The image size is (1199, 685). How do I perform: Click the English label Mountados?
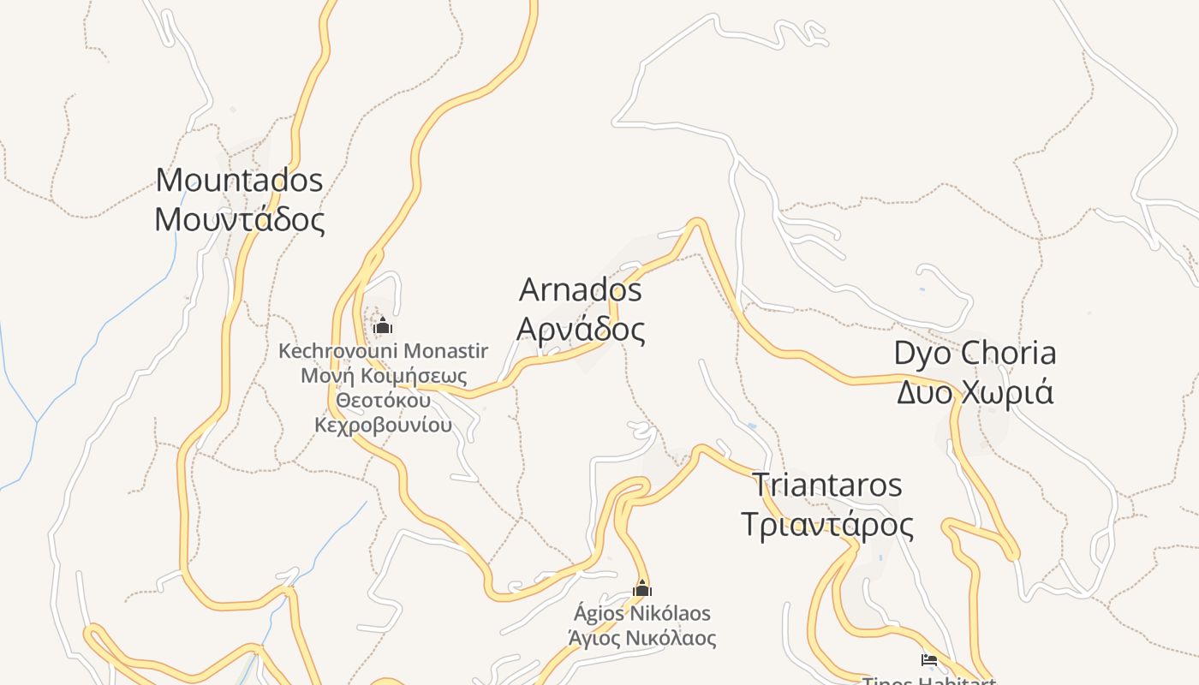click(239, 180)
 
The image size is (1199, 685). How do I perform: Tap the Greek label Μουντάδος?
click(239, 220)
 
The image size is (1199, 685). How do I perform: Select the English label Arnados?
click(580, 289)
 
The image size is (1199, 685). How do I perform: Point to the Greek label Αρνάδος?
click(580, 329)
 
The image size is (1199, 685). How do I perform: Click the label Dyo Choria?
click(975, 353)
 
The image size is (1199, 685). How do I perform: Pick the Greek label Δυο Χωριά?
click(975, 392)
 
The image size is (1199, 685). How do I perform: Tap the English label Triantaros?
click(826, 485)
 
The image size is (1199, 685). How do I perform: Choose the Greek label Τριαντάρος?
click(826, 524)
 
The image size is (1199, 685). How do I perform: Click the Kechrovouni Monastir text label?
click(383, 351)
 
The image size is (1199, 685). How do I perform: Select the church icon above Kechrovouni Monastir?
click(383, 325)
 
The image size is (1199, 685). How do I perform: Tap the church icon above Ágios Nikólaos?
click(642, 588)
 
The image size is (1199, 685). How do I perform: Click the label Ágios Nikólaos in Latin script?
click(642, 614)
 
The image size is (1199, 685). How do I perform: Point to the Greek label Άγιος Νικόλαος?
click(642, 638)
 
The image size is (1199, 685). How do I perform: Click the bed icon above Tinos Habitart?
click(929, 659)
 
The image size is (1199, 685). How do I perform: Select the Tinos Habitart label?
click(929, 681)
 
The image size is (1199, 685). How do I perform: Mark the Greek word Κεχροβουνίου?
click(383, 426)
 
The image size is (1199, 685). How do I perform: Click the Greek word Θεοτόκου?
click(383, 401)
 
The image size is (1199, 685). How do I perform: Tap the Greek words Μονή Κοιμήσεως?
click(383, 376)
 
